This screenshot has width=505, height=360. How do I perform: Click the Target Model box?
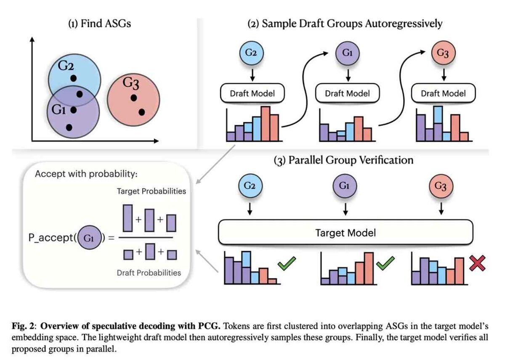(346, 232)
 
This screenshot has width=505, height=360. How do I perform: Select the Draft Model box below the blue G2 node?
(252, 93)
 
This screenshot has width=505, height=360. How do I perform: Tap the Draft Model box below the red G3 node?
(443, 93)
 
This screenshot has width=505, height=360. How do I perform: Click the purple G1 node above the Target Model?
(345, 186)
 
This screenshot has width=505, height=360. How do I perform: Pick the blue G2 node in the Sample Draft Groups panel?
(251, 53)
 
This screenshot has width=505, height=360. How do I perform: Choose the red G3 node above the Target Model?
(441, 186)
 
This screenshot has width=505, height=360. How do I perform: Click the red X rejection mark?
(477, 263)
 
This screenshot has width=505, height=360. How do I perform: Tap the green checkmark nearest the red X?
(385, 263)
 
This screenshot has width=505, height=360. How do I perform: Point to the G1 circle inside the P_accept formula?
(89, 238)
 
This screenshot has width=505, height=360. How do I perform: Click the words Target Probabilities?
(151, 191)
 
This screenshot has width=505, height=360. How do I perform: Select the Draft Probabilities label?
(149, 273)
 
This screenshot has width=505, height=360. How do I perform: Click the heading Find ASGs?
(100, 24)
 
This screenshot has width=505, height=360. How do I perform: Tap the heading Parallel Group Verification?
(343, 160)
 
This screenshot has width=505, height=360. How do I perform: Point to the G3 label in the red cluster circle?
(131, 83)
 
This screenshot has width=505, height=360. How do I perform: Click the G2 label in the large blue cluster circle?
(66, 66)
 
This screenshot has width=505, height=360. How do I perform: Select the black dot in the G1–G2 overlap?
(80, 94)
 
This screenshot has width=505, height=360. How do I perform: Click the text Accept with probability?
(86, 174)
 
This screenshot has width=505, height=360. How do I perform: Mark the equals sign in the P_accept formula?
(111, 238)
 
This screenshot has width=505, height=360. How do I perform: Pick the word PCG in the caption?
(209, 326)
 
